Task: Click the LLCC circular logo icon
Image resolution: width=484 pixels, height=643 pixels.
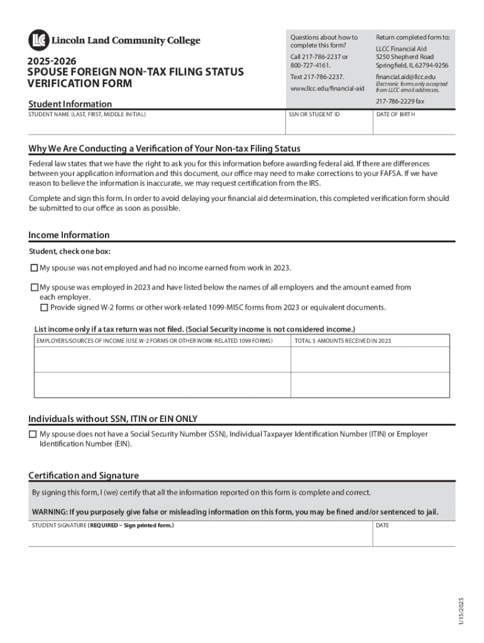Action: coord(38,40)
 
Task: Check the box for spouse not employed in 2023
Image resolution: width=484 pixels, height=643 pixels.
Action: coord(35,268)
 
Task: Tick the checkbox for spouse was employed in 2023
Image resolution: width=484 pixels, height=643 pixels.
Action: coord(35,288)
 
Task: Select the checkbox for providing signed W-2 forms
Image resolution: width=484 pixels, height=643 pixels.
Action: coord(44,308)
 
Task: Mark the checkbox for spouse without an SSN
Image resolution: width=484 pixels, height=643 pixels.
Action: coord(33,435)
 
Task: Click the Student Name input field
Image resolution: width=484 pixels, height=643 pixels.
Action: coord(156,126)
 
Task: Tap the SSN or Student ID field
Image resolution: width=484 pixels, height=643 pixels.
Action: coord(329,126)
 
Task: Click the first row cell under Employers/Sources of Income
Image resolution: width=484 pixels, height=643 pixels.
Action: coord(162,359)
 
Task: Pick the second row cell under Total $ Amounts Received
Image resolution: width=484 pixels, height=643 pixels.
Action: coord(370,384)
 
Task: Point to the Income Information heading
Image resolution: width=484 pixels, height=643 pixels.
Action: coord(69,235)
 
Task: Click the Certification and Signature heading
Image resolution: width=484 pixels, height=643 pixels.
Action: coord(84,475)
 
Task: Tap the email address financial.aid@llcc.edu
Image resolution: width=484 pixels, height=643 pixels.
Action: coord(405,77)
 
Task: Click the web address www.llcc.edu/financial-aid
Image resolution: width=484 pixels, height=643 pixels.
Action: coord(327,89)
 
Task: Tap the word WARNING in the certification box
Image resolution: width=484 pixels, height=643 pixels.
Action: coord(49,511)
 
